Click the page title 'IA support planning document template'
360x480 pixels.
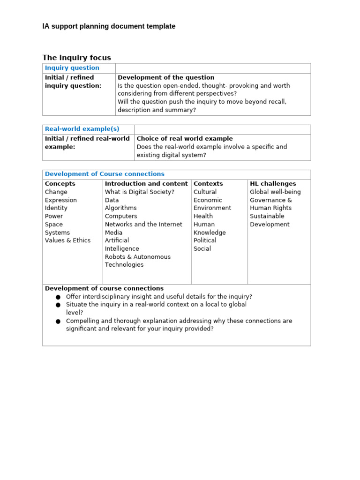coord(109,26)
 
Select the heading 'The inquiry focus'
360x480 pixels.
coord(76,58)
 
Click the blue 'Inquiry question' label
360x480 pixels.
coord(72,68)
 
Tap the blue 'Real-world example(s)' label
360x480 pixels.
coord(82,129)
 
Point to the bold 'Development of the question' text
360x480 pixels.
coord(166,78)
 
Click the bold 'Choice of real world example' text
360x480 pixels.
coord(184,139)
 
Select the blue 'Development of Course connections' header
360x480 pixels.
coord(105,174)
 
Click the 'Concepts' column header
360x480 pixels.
coord(60,184)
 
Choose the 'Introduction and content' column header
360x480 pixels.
coord(146,184)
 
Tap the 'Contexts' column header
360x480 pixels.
coord(208,184)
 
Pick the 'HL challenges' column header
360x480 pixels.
coord(273,184)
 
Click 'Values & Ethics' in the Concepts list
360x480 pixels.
coord(67,240)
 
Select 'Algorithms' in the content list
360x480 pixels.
coord(121,208)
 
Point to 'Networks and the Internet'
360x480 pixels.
coord(143,225)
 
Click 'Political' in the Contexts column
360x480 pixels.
coord(205,240)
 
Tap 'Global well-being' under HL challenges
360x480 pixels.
coord(275,192)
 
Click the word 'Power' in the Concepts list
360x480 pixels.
coord(54,216)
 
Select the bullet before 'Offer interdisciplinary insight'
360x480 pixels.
coord(58,297)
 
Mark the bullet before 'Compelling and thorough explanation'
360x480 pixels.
coord(58,322)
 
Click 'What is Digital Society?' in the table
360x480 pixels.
coord(140,192)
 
